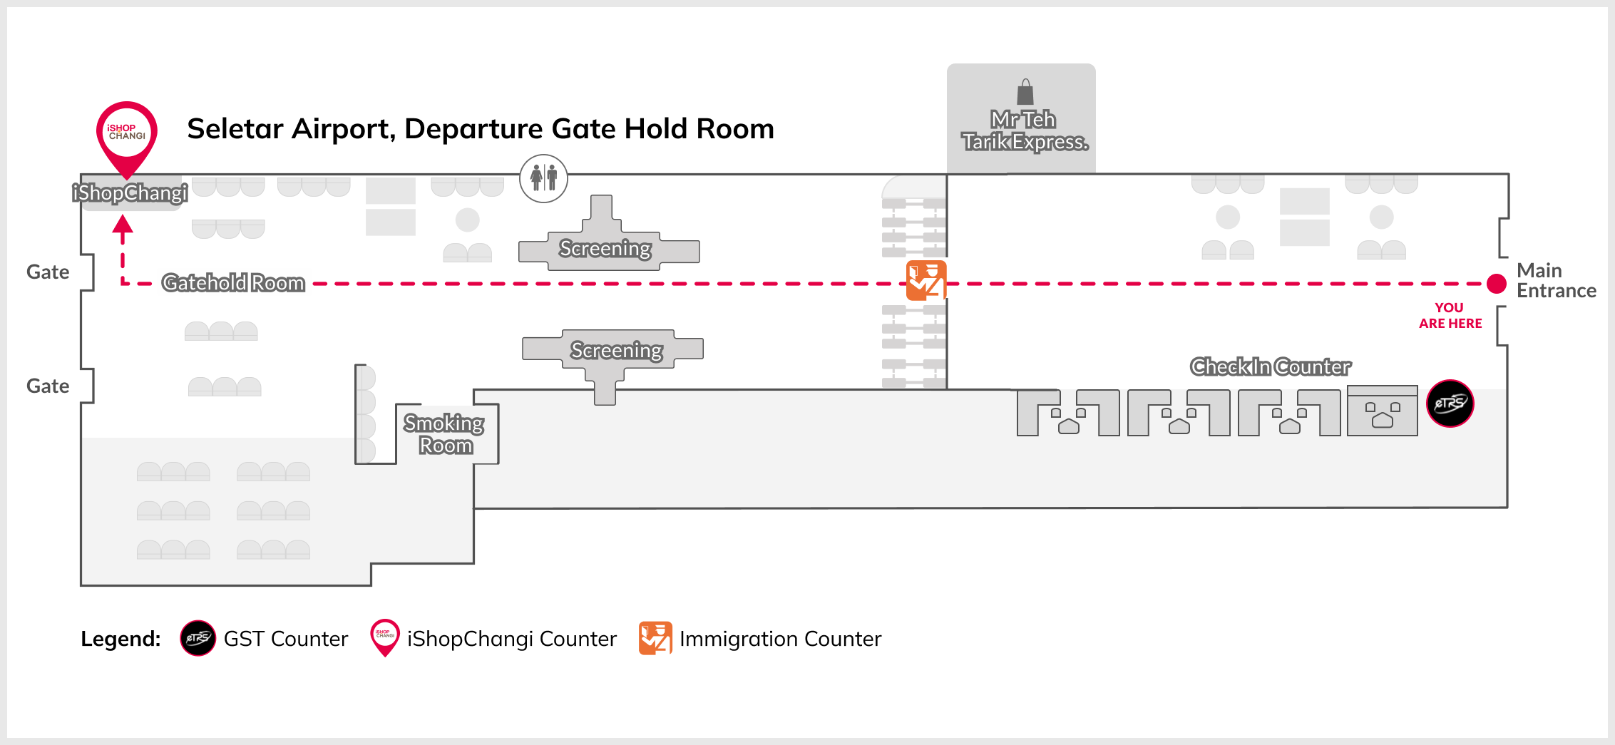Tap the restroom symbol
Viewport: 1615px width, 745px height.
pyautogui.click(x=543, y=178)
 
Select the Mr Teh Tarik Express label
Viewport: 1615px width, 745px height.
pyautogui.click(x=1025, y=130)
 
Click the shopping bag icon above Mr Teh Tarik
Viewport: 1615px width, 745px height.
pyautogui.click(x=1025, y=92)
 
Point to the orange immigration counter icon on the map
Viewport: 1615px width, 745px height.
pyautogui.click(x=926, y=280)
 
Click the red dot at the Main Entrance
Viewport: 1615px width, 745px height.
pyautogui.click(x=1497, y=284)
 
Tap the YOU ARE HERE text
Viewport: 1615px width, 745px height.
pyautogui.click(x=1450, y=315)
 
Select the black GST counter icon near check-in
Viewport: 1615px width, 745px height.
pyautogui.click(x=1450, y=404)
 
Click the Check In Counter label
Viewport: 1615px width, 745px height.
pyautogui.click(x=1271, y=366)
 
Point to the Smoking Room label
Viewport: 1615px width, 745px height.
pyautogui.click(x=445, y=434)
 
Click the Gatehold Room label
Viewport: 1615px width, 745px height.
pyautogui.click(x=233, y=283)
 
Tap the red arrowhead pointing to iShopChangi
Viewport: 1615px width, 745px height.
pyautogui.click(x=123, y=226)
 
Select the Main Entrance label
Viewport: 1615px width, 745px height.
pyautogui.click(x=1555, y=280)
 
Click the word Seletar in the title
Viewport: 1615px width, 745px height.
pyautogui.click(x=235, y=129)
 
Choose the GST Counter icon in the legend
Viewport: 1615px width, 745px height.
pyautogui.click(x=198, y=638)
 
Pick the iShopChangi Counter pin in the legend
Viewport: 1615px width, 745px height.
pyautogui.click(x=385, y=636)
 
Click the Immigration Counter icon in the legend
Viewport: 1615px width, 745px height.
pyautogui.click(x=655, y=638)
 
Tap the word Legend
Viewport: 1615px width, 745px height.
pyautogui.click(x=121, y=639)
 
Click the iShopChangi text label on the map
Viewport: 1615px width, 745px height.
pyautogui.click(x=130, y=193)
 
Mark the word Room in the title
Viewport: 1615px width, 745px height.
pyautogui.click(x=735, y=129)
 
